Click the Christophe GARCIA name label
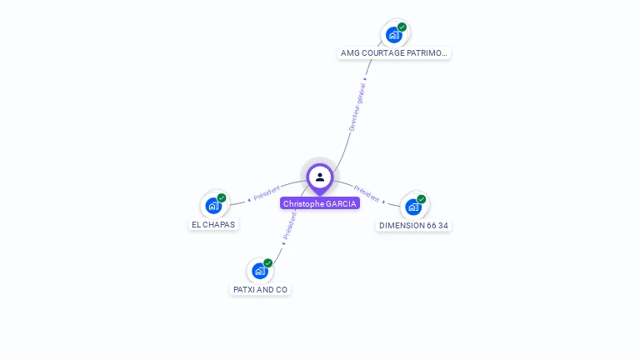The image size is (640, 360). point(320,203)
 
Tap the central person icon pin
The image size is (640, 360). point(320,177)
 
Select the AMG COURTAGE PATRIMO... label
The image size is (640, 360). point(394,52)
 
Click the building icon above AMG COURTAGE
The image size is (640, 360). point(394,35)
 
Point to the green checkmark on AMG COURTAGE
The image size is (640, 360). point(402,27)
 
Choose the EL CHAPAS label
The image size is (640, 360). point(214,224)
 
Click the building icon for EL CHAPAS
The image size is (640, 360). point(214,205)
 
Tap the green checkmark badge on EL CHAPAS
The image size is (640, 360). point(222,197)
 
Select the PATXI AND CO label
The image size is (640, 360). point(260,289)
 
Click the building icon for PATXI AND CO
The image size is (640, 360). point(260,271)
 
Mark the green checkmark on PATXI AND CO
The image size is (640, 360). point(267,263)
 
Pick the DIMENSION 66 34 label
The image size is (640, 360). point(413,225)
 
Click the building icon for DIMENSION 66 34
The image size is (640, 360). point(413,207)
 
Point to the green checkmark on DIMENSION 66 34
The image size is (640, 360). point(422,199)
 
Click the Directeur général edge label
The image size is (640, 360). point(357,107)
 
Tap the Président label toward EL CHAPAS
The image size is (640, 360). point(267,192)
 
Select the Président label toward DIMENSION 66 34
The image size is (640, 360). point(367,193)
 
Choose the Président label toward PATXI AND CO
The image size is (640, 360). point(289,225)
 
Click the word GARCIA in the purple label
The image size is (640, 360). point(341,203)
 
